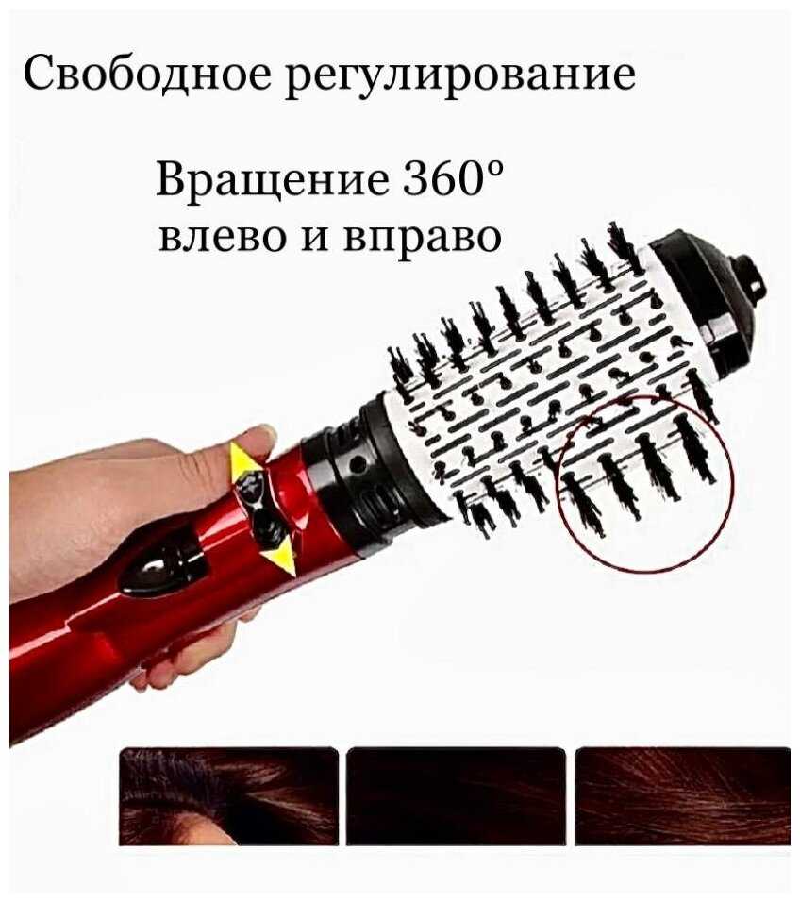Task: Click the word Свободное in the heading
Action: click(147, 74)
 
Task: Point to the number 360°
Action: click(452, 177)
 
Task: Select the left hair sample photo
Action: click(228, 796)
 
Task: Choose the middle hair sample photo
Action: click(456, 796)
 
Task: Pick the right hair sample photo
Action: click(683, 796)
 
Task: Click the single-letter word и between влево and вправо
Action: click(314, 236)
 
